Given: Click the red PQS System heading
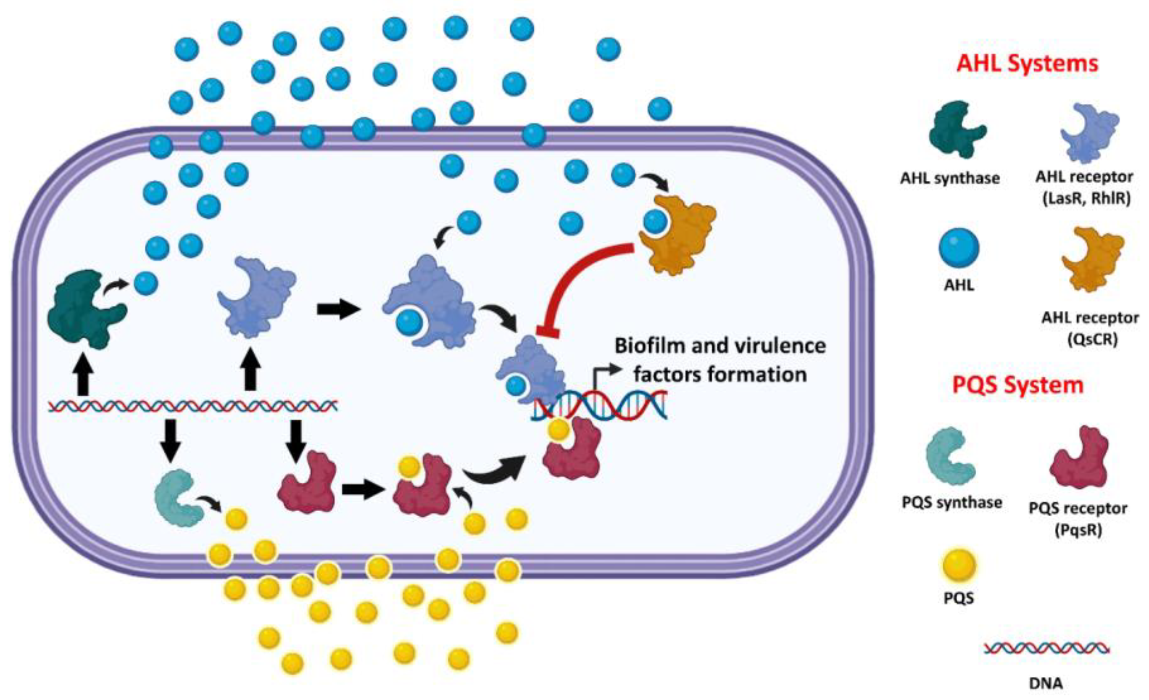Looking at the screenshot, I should (1017, 385).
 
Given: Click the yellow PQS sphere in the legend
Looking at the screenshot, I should (959, 566).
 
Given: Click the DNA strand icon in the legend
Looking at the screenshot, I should (1046, 648).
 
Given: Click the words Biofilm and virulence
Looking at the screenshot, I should (719, 346).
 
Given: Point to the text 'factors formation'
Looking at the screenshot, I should (719, 375).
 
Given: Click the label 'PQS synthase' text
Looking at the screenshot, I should (952, 503).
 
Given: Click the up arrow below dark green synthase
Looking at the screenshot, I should (84, 375).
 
